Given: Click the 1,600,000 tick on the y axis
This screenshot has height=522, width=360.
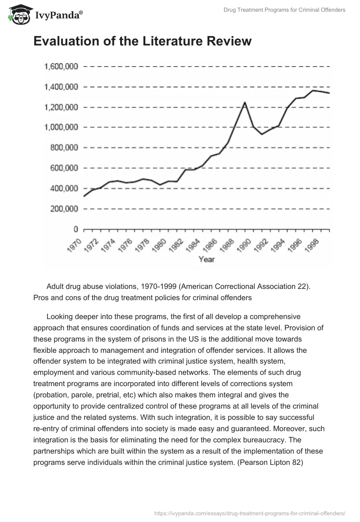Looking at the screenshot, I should click(x=61, y=67).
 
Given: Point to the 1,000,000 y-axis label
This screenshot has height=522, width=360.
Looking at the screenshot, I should click(x=61, y=127).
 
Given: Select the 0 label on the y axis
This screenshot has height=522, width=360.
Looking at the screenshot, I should click(x=76, y=229).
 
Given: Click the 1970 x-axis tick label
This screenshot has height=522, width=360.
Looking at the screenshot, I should click(x=74, y=246).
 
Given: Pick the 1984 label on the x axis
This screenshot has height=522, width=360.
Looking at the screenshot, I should click(x=193, y=246).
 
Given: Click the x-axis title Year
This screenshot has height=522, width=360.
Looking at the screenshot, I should click(x=207, y=260).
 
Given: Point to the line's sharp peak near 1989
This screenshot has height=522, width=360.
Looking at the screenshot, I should click(x=245, y=103).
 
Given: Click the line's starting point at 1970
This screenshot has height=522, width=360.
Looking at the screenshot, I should click(x=84, y=196).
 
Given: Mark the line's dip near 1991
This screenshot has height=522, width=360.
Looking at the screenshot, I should click(x=262, y=134).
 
